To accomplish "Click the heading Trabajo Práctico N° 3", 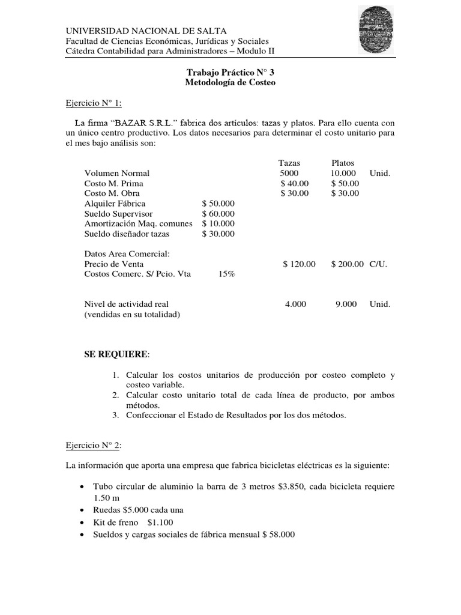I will pyautogui.click(x=230, y=72).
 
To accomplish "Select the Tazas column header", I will pyautogui.click(x=289, y=163).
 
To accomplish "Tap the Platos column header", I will pyautogui.click(x=343, y=163).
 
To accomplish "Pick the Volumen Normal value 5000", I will pyautogui.click(x=281, y=173).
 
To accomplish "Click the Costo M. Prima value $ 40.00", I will pyautogui.click(x=295, y=183).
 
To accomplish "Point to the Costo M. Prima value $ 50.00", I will pyautogui.click(x=345, y=183).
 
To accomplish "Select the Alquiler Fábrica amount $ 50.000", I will pyautogui.click(x=218, y=204).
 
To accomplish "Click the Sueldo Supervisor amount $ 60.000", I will pyautogui.click(x=218, y=214).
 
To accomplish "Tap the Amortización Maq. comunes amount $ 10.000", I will pyautogui.click(x=218, y=223).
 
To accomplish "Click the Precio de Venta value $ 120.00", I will pyautogui.click(x=299, y=264).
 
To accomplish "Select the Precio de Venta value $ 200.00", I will pyautogui.click(x=347, y=264).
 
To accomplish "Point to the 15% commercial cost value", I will pyautogui.click(x=226, y=274).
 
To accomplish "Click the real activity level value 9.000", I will pyautogui.click(x=346, y=304).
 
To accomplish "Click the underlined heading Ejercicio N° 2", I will pyautogui.click(x=94, y=445).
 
